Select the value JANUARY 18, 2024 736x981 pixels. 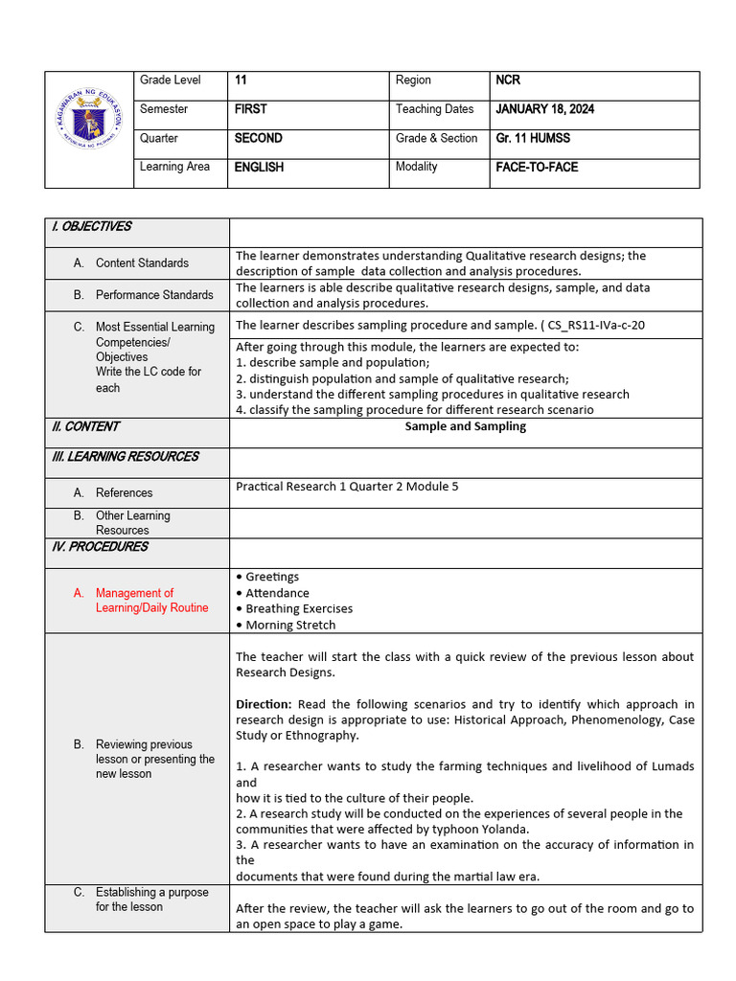point(544,109)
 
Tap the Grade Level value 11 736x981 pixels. point(241,80)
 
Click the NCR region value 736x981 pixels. point(508,80)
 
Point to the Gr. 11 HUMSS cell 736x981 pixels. point(533,138)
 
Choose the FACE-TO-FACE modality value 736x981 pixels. point(537,167)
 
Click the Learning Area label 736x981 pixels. point(174,167)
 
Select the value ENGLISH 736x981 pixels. point(259,167)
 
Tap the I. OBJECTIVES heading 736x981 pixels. point(91,227)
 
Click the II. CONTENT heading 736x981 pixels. point(85,426)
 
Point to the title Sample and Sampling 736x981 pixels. point(465,426)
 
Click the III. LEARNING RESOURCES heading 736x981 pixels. point(125,456)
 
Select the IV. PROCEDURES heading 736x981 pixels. point(100,546)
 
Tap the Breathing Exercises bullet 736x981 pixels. point(298,608)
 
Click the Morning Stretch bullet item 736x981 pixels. point(290,625)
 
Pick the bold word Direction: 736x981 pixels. point(264,704)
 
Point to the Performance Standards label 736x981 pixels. point(154,295)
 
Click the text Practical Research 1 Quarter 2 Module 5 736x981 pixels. point(347,486)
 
